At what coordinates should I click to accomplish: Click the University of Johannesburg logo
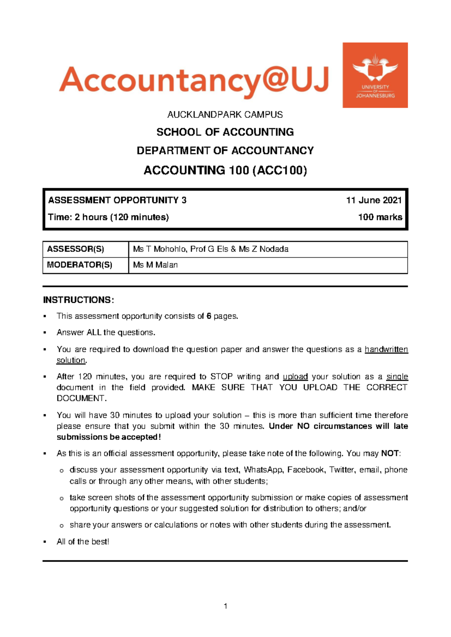375,75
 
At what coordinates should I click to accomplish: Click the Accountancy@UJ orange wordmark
194,81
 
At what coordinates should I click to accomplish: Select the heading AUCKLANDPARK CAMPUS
225,115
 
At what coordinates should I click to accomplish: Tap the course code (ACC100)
280,171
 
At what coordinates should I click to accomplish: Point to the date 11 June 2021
374,200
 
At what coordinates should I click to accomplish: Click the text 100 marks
380,217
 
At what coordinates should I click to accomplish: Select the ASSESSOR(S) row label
76,249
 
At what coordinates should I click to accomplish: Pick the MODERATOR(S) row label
80,265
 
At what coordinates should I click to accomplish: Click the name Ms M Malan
155,265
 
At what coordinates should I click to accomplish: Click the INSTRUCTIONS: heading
78,300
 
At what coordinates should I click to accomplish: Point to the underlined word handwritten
386,349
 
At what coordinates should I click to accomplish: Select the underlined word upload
295,377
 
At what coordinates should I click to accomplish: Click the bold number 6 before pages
209,316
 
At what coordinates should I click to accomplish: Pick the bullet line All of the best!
83,542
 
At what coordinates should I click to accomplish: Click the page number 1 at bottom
225,606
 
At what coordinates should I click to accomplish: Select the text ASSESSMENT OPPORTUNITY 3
117,200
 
